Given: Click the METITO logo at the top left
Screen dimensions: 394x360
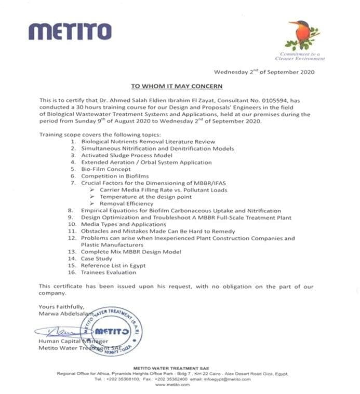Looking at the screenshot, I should click(70, 31).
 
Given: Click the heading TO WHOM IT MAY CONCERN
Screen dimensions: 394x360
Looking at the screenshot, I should click(176, 86).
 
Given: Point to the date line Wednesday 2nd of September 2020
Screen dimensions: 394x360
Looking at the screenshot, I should click(264, 72).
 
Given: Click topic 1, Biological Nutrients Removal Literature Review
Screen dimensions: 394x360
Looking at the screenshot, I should click(148, 141).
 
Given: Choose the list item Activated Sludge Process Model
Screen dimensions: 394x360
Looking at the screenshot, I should click(126, 155).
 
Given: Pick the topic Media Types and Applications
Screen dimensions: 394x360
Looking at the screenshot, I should click(122, 224).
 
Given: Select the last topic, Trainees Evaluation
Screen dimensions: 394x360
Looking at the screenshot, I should click(109, 272).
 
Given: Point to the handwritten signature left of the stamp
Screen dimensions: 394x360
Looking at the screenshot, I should click(57, 330).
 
